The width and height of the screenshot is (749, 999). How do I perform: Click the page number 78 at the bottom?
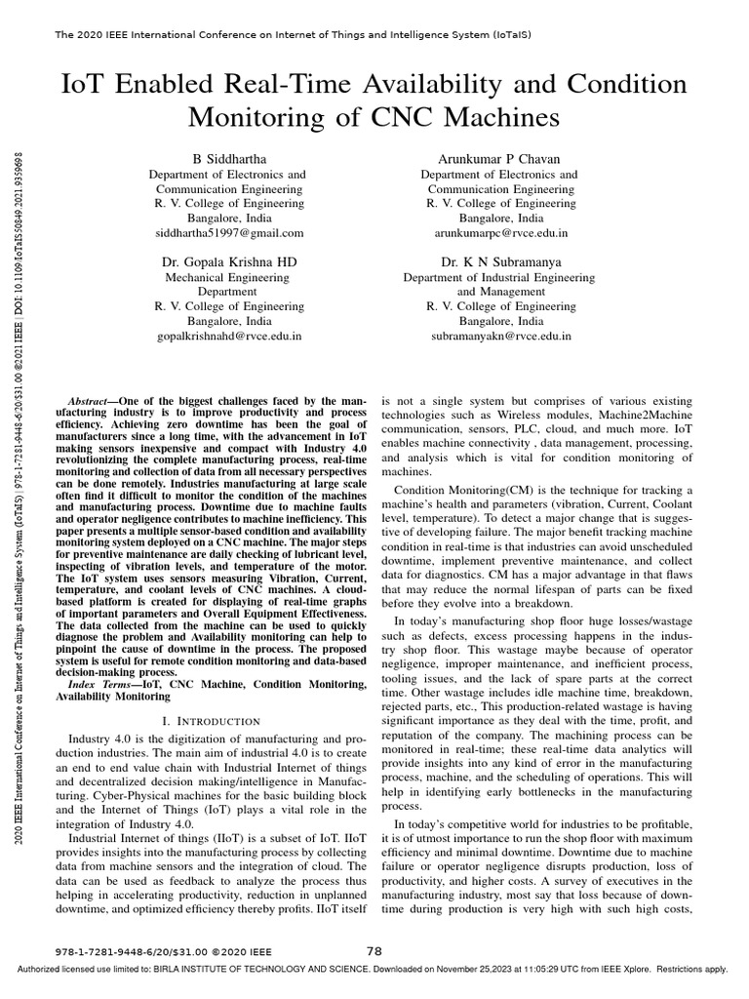pos(374,950)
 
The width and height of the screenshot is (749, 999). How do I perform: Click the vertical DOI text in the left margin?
pos(20,244)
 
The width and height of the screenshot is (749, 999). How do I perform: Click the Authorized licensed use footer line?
pos(374,970)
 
